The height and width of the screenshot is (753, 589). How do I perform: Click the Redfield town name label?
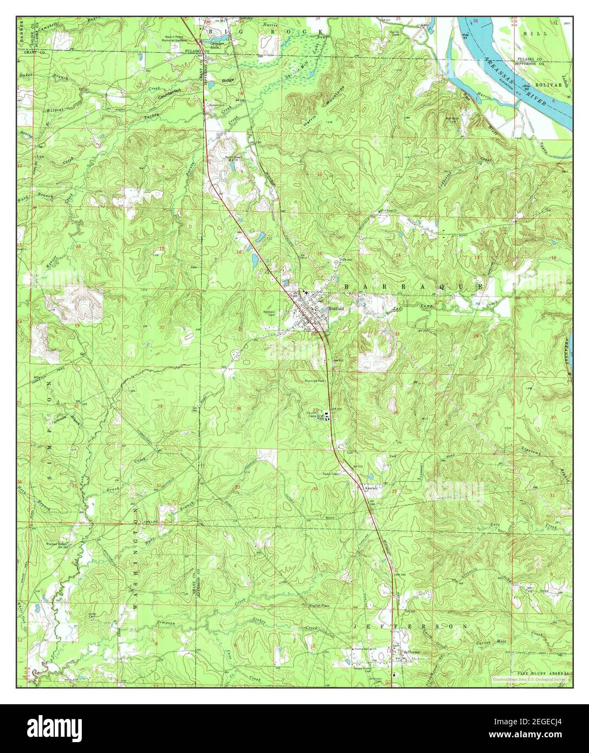[336, 308]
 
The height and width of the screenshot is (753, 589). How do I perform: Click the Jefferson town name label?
[411, 652]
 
